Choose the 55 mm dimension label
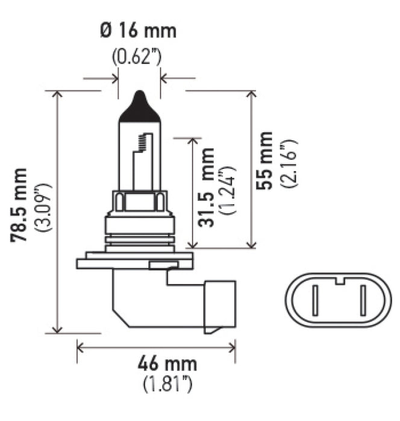[265, 159]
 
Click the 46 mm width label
[158, 364]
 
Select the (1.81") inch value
[158, 383]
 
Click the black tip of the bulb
[139, 105]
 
